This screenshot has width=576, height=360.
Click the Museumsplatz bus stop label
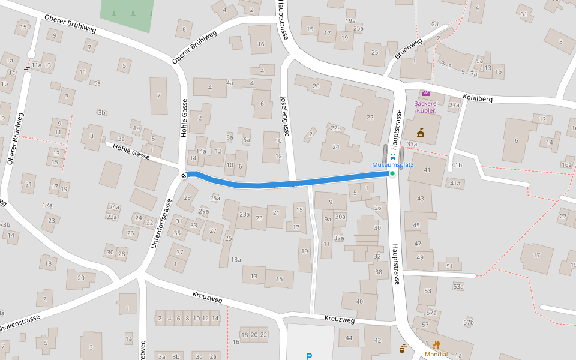pyautogui.click(x=392, y=164)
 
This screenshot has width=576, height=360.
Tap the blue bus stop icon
pyautogui.click(x=393, y=155)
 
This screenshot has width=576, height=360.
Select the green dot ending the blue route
pyautogui.click(x=392, y=173)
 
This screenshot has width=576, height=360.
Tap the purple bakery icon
pyautogui.click(x=425, y=94)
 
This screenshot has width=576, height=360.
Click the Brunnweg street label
pyautogui.click(x=408, y=49)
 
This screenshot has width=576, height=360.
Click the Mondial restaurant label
pyautogui.click(x=436, y=354)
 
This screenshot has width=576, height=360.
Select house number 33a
pyautogui.click(x=411, y=144)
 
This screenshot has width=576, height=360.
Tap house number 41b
pyautogui.click(x=457, y=165)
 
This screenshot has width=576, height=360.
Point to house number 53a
pyautogui.click(x=458, y=287)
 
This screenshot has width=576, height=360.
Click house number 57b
pyautogui.click(x=468, y=322)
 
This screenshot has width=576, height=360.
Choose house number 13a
pyautogui.click(x=235, y=259)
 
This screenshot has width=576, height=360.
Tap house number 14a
pyautogui.click(x=201, y=151)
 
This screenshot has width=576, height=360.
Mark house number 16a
pyautogui.click(x=566, y=164)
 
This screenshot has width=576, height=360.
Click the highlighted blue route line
pyautogui.click(x=288, y=181)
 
